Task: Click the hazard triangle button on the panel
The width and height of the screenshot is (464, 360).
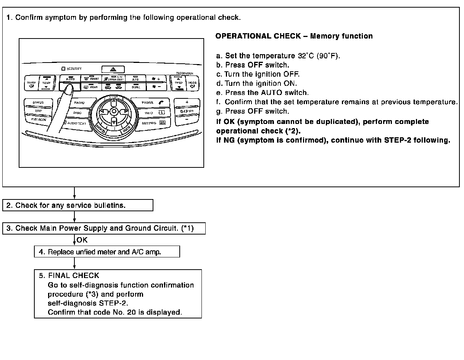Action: [x=113, y=69]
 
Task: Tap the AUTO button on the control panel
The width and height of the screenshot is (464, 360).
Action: [x=70, y=79]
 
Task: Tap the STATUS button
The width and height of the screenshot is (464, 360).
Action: [x=38, y=103]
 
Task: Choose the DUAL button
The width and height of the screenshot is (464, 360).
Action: [x=135, y=87]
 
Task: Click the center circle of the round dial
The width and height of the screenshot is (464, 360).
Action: [x=114, y=111]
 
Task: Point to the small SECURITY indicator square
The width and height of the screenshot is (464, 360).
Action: [x=63, y=69]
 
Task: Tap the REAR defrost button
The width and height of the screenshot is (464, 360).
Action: [x=90, y=87]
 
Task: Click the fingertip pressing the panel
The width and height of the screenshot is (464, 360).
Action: [x=69, y=90]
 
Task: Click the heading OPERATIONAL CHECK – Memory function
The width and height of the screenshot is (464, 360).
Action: [x=294, y=36]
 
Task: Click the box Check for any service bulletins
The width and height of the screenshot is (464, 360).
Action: [x=78, y=205]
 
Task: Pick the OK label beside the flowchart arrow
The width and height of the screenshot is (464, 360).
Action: [x=82, y=240]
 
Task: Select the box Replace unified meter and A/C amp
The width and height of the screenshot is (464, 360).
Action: [x=107, y=252]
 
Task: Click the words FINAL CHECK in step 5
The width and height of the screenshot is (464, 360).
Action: [x=74, y=275]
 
